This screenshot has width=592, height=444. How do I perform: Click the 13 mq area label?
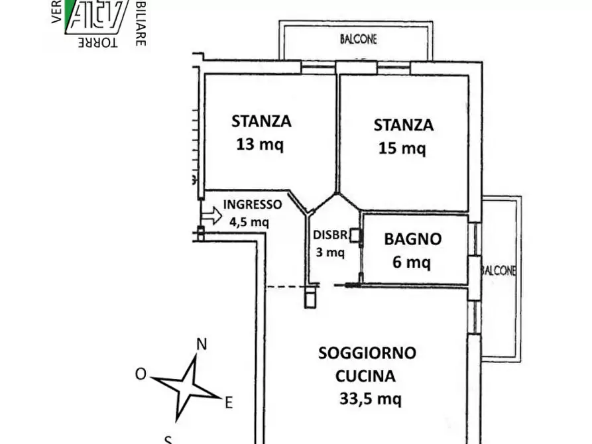pyautogui.click(x=261, y=144)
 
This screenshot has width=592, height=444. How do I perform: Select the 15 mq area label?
pyautogui.click(x=402, y=148)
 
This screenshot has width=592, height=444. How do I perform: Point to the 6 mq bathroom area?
pyautogui.click(x=411, y=262)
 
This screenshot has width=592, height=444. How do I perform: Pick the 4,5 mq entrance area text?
pyautogui.click(x=249, y=222)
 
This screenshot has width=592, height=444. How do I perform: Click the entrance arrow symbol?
pyautogui.click(x=211, y=215)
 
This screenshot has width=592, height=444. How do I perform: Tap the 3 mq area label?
pyautogui.click(x=329, y=252)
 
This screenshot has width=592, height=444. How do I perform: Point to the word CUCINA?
pyautogui.click(x=365, y=376)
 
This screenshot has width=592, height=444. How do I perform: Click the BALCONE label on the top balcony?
pyautogui.click(x=359, y=40)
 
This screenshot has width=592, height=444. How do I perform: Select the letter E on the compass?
pyautogui.click(x=228, y=402)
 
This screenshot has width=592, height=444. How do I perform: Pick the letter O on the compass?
pyautogui.click(x=141, y=374)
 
